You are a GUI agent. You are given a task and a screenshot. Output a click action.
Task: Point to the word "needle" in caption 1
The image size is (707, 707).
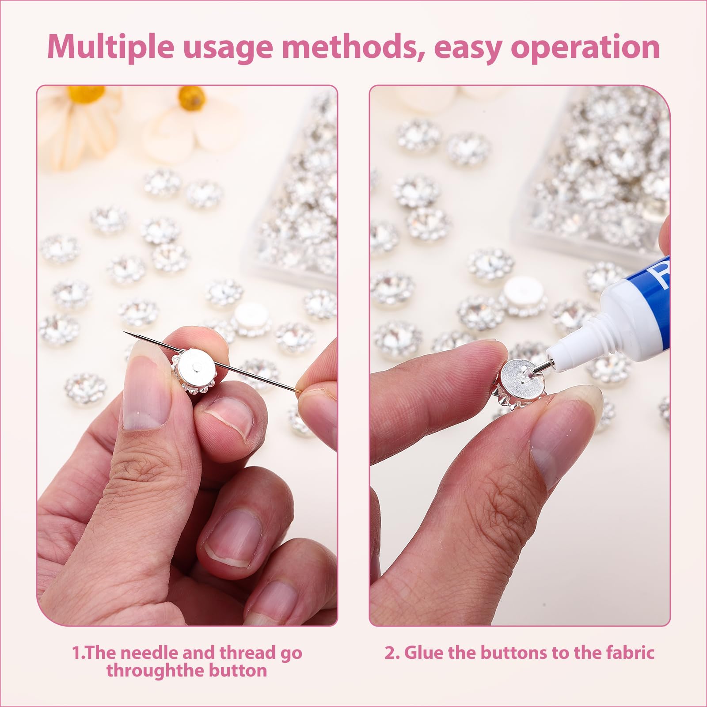tap(149, 652)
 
